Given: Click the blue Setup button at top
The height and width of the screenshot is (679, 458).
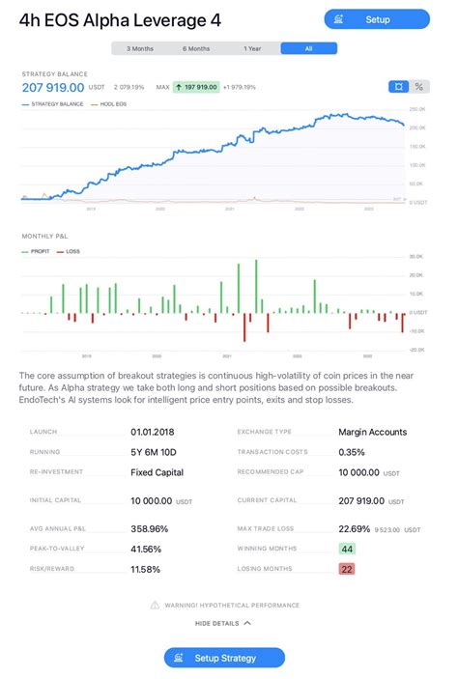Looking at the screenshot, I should click(x=377, y=19).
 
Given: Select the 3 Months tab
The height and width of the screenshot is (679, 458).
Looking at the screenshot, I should click(x=140, y=48).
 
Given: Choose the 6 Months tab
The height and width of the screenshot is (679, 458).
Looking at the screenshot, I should click(x=196, y=48).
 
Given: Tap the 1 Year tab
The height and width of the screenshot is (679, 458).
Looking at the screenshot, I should click(x=252, y=48).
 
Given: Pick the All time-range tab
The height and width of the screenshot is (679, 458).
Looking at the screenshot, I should click(x=309, y=48).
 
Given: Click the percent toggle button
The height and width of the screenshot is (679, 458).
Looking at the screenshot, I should click(x=419, y=86).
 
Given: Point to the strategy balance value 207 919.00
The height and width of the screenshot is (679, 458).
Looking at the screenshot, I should click(x=53, y=87).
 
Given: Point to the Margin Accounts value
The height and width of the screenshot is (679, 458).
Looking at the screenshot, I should click(x=372, y=432).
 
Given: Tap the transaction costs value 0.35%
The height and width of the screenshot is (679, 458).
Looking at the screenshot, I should click(x=352, y=452).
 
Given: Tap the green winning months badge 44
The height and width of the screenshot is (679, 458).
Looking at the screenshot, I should click(x=347, y=549).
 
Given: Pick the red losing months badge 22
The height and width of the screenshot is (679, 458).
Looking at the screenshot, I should click(x=347, y=569).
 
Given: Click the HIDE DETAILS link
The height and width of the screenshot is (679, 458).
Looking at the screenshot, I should click(x=223, y=623).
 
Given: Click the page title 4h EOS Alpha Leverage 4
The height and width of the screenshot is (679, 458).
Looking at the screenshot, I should click(x=122, y=20).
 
